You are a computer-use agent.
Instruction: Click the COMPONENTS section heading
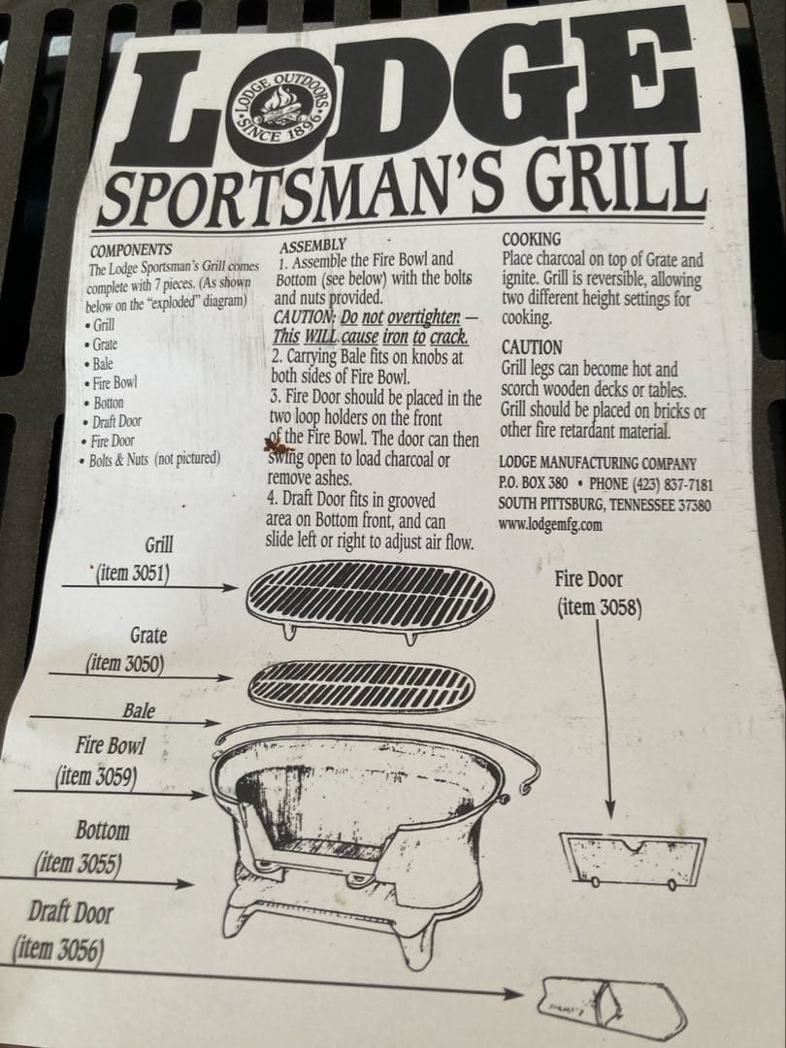[x=130, y=249]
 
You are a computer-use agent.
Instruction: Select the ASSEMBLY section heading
[x=311, y=246]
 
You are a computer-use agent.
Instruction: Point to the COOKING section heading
[x=531, y=239]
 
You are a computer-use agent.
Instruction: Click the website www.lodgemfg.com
[x=549, y=524]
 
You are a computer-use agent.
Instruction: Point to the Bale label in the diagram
[x=139, y=710]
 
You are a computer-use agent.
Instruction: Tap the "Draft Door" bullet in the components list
[x=116, y=421]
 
